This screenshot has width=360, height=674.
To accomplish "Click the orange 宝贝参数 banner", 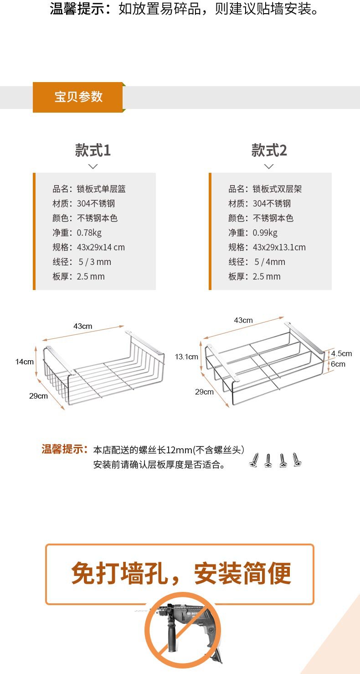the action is coord(78,97).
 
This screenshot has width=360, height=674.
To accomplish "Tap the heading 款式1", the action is coord(93,150).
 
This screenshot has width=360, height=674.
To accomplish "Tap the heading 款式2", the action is coord(269,150).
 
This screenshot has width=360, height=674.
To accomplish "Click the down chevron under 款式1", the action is coord(93,166).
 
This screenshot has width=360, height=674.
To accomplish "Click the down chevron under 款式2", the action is coord(269,166).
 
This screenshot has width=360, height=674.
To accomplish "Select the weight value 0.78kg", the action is coord(89,233).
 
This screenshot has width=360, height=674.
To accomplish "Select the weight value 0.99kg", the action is coord(265,233).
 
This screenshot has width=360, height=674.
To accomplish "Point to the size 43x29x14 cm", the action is coord(101,247).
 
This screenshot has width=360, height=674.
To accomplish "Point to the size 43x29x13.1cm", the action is coord(279,247).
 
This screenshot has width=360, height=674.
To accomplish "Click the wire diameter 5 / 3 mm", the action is coord(95,262).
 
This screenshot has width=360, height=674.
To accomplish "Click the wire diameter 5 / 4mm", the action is coord(270,262).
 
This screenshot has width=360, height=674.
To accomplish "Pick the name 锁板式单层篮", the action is coord(101,189).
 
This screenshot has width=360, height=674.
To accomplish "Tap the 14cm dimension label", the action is coord(25,362).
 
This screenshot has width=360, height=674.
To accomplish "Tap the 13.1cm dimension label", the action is coord(187,356).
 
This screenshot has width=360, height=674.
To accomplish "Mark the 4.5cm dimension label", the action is coord(341,353).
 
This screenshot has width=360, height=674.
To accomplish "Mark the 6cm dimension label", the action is coord(338,364).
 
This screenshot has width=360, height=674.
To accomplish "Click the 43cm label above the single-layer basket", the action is coord(83,326).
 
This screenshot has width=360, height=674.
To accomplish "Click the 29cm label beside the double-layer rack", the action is coord(205,392).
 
